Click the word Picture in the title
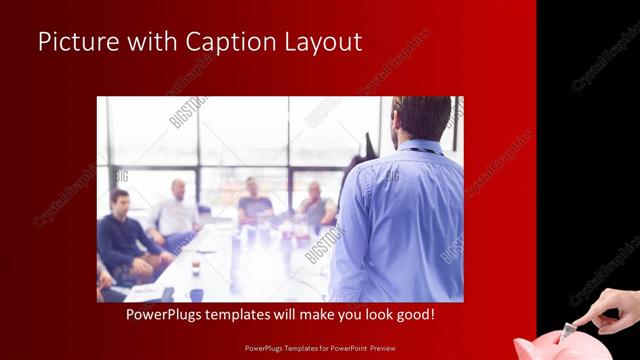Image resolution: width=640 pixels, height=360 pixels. click(74, 42)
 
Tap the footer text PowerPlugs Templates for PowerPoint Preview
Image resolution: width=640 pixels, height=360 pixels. click(320, 349)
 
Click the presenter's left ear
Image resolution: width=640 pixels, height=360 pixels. click(398, 121)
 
